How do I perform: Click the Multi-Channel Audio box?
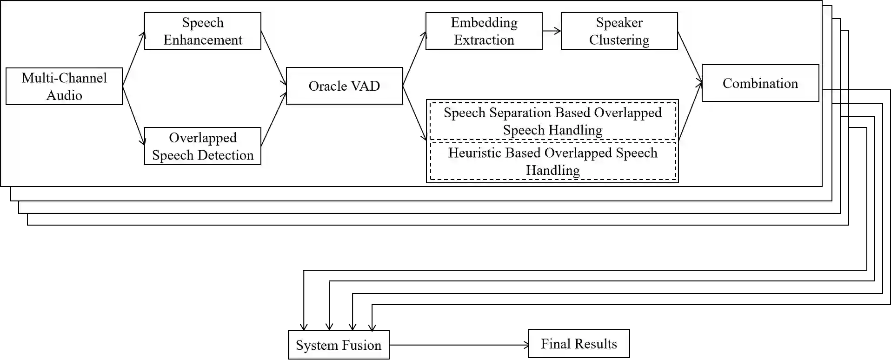click(64, 87)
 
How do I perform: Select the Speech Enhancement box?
click(203, 31)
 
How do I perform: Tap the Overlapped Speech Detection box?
click(203, 146)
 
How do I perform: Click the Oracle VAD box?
click(344, 86)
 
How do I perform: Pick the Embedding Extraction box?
click(484, 31)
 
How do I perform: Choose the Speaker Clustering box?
click(619, 31)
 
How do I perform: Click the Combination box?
click(760, 83)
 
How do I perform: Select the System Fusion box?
click(339, 345)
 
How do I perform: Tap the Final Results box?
click(579, 344)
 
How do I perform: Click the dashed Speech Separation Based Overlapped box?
click(552, 121)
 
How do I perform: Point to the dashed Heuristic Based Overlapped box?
click(552, 161)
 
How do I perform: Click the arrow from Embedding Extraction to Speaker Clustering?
click(552, 31)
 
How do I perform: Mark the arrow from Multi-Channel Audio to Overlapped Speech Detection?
click(133, 114)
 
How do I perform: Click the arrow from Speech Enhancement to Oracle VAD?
click(273, 59)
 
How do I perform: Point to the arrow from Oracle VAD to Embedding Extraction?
click(414, 59)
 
